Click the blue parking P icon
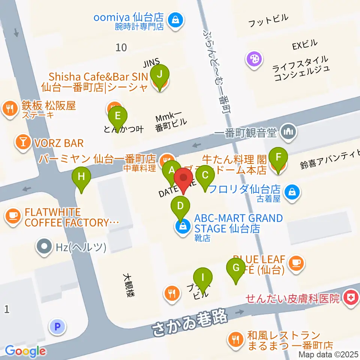pyautogui.click(x=57, y=327)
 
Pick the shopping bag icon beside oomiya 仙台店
pyautogui.click(x=175, y=19)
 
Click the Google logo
pyautogui.click(x=25, y=351)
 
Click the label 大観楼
pyautogui.click(x=128, y=285)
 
